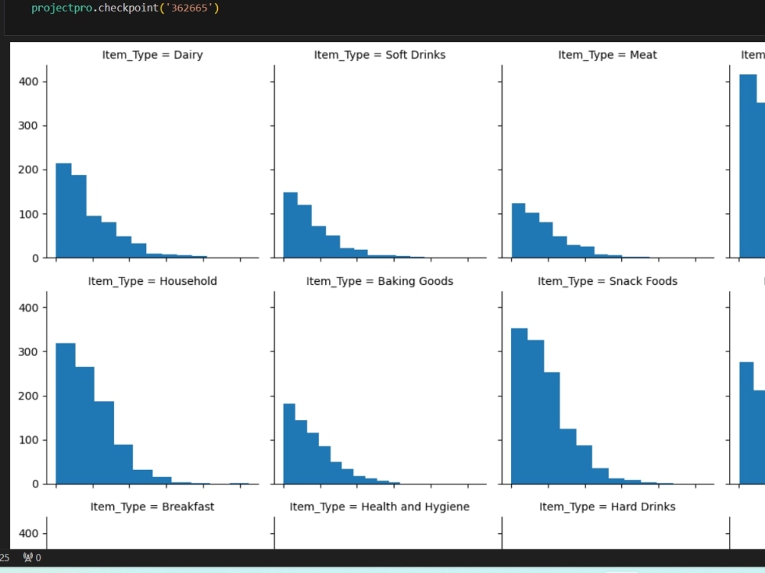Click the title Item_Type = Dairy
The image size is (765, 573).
(x=152, y=55)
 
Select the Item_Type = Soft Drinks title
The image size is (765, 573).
(x=379, y=55)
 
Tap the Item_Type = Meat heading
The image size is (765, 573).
(x=607, y=55)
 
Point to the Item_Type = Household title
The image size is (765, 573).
(x=152, y=281)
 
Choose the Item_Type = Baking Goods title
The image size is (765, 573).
(x=379, y=281)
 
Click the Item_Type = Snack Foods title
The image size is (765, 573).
(x=607, y=281)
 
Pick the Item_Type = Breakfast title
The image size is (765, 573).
(x=152, y=507)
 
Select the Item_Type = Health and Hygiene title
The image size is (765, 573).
(x=379, y=507)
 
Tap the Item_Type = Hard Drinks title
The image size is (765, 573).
(x=607, y=507)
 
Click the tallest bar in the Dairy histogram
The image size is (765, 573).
(x=63, y=211)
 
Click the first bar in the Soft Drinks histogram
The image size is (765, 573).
(x=290, y=225)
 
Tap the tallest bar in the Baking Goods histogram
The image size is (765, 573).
(x=289, y=443)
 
